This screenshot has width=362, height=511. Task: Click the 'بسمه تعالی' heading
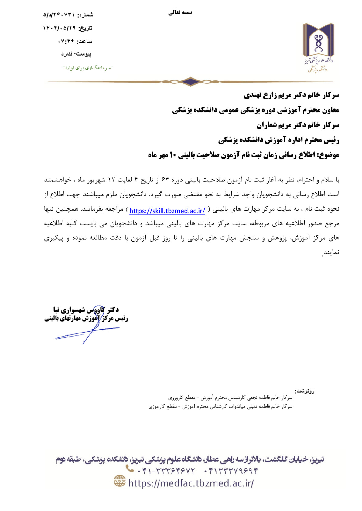[180, 12]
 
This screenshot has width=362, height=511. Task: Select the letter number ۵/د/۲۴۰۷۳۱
[59, 15]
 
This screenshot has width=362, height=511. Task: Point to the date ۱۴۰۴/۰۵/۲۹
[59, 28]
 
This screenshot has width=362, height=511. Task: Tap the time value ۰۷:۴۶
[66, 41]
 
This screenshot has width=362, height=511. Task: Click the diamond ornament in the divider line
[190, 81]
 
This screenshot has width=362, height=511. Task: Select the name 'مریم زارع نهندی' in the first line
[266, 95]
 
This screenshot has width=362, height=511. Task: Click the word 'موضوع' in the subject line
[330, 155]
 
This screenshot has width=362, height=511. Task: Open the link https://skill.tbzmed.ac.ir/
[167, 211]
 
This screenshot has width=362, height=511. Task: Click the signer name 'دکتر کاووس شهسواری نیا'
[86, 310]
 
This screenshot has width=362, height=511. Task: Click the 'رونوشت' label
[305, 391]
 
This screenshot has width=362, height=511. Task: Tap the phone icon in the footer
[130, 469]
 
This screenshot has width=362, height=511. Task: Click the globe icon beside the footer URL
[120, 481]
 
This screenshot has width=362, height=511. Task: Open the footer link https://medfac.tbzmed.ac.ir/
[191, 483]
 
